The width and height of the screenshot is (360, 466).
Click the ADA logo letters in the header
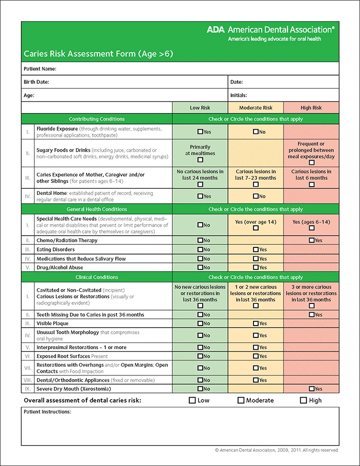pos(215,30)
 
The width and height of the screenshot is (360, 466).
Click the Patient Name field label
pos(40,68)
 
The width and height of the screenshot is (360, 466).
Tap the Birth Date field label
pos(36,82)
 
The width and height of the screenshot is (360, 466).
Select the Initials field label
pos(239,95)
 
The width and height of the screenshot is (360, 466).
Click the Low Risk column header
pos(200,108)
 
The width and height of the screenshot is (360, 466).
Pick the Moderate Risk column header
pos(256,108)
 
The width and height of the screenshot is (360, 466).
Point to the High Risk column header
pos(311,108)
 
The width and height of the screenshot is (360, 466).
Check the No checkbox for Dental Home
pos(256,196)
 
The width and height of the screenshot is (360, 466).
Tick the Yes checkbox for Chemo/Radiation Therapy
pos(312,240)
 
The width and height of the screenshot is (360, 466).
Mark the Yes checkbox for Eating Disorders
pos(256,249)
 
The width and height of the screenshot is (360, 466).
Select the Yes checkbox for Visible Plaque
pos(256,324)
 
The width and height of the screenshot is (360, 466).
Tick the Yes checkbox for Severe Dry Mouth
pos(312,389)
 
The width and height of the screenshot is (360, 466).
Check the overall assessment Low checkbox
pos(192,400)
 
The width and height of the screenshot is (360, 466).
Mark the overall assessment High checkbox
pos(303,400)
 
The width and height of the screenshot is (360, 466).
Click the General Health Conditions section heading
pos(97,209)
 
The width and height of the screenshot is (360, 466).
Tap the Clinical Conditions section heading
pos(97,277)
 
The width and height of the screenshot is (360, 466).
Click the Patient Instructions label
pos(47,412)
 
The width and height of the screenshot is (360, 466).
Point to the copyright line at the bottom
pos(277,450)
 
